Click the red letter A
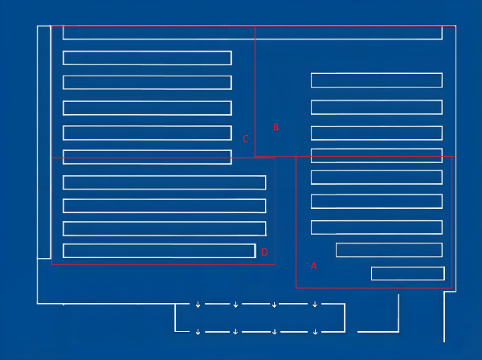click(313, 266)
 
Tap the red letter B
click(276, 127)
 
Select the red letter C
click(245, 139)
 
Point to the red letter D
click(264, 252)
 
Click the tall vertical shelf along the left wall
click(44, 142)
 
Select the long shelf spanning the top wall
click(253, 33)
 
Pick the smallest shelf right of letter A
click(408, 273)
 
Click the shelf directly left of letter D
click(159, 251)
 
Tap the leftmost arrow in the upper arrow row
click(198, 305)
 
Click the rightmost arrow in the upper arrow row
click(315, 305)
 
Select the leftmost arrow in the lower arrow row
click(198, 332)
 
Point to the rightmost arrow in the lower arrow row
click(315, 332)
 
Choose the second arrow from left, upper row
click(235, 305)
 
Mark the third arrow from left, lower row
click(274, 332)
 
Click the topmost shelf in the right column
click(377, 80)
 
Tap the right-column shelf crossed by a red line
click(377, 156)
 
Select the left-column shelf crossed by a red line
click(147, 157)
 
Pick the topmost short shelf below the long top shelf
click(147, 58)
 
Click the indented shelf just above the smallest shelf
click(389, 250)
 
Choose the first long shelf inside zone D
click(164, 182)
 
